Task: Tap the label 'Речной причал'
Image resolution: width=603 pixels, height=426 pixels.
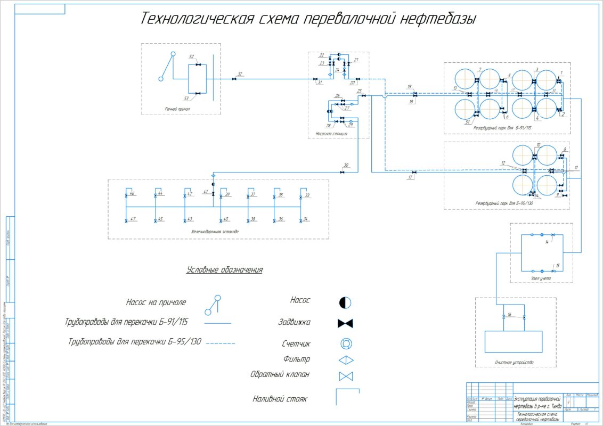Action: point(177,109)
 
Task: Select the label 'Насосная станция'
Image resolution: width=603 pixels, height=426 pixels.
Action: point(331,134)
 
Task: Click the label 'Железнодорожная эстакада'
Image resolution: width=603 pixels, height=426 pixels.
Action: point(215,232)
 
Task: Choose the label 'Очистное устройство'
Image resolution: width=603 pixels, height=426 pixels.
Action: point(515,362)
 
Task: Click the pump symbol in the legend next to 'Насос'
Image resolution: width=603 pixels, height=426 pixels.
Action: point(345,302)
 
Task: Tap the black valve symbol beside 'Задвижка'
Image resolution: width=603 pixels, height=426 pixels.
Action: point(346,323)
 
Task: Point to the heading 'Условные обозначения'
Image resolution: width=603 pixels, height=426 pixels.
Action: point(224,270)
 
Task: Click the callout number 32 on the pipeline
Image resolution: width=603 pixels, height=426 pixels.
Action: point(240,74)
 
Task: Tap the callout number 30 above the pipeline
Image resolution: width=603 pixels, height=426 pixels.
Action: point(346,165)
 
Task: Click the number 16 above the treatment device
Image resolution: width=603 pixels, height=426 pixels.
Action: point(509,315)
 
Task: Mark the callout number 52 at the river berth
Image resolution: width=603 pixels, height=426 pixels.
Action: point(191,56)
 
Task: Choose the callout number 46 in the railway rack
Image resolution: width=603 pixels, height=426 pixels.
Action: point(132,193)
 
